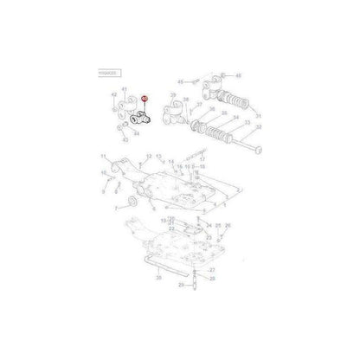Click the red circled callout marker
pyautogui.click(x=145, y=100)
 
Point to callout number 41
pyautogui.click(x=124, y=91)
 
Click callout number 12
pyautogui.click(x=148, y=157)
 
